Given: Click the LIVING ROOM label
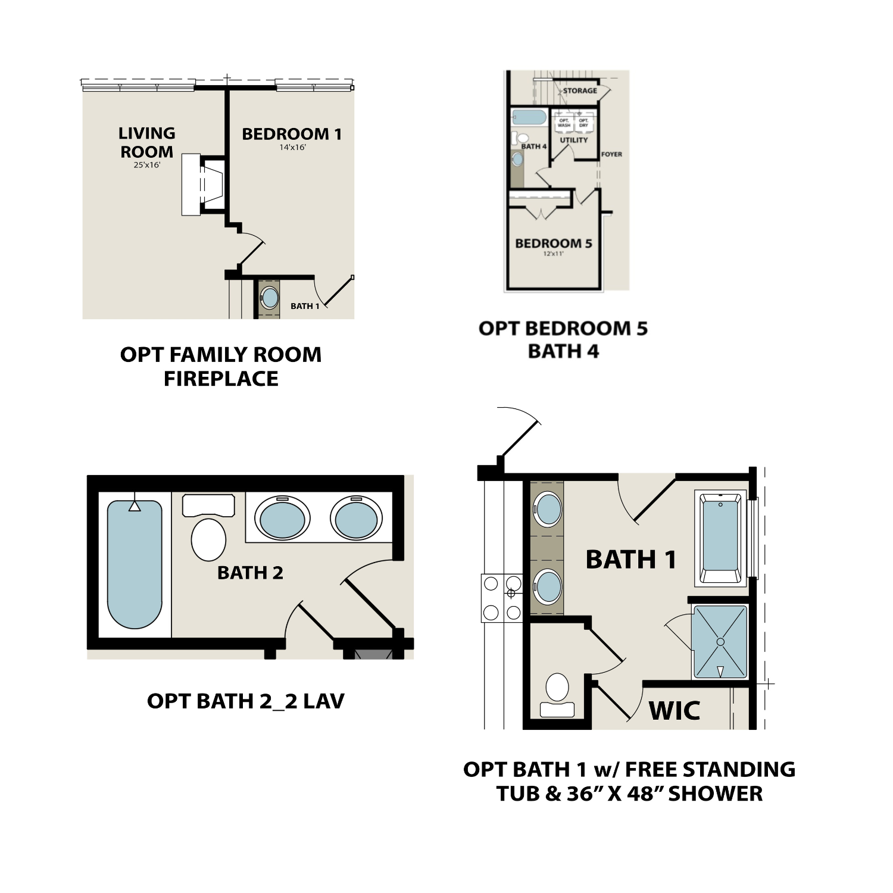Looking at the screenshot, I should click(x=146, y=142).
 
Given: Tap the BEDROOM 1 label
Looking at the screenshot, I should click(x=292, y=134).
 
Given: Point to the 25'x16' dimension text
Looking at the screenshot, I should click(x=146, y=165).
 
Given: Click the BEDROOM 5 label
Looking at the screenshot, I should click(x=553, y=243).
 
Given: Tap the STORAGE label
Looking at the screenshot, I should click(x=580, y=90).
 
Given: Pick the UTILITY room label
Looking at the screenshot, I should click(x=573, y=140).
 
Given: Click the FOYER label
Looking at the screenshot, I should click(x=611, y=154).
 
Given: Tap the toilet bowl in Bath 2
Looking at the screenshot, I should click(x=208, y=539).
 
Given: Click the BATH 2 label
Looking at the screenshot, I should click(x=250, y=573).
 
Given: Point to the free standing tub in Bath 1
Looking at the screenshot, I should click(x=720, y=536).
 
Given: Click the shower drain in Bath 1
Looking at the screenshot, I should click(x=720, y=642).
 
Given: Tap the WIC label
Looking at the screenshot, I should click(x=674, y=710).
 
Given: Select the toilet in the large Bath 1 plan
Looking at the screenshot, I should click(x=557, y=693).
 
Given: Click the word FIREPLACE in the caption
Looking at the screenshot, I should click(x=221, y=379).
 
